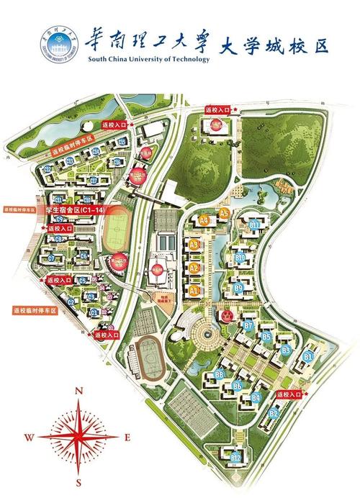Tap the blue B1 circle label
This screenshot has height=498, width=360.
(x=307, y=356)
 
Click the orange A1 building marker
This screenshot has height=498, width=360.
(x=194, y=290)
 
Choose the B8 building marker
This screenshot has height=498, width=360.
(x=219, y=374)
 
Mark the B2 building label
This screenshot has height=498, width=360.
(x=274, y=413)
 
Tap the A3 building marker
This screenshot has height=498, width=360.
(x=194, y=245)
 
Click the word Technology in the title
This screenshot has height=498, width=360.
(x=188, y=59)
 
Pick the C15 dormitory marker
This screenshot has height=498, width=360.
(x=122, y=142)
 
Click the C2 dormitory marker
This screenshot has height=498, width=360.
(x=71, y=302)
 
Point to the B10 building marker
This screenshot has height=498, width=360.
(x=241, y=258)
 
